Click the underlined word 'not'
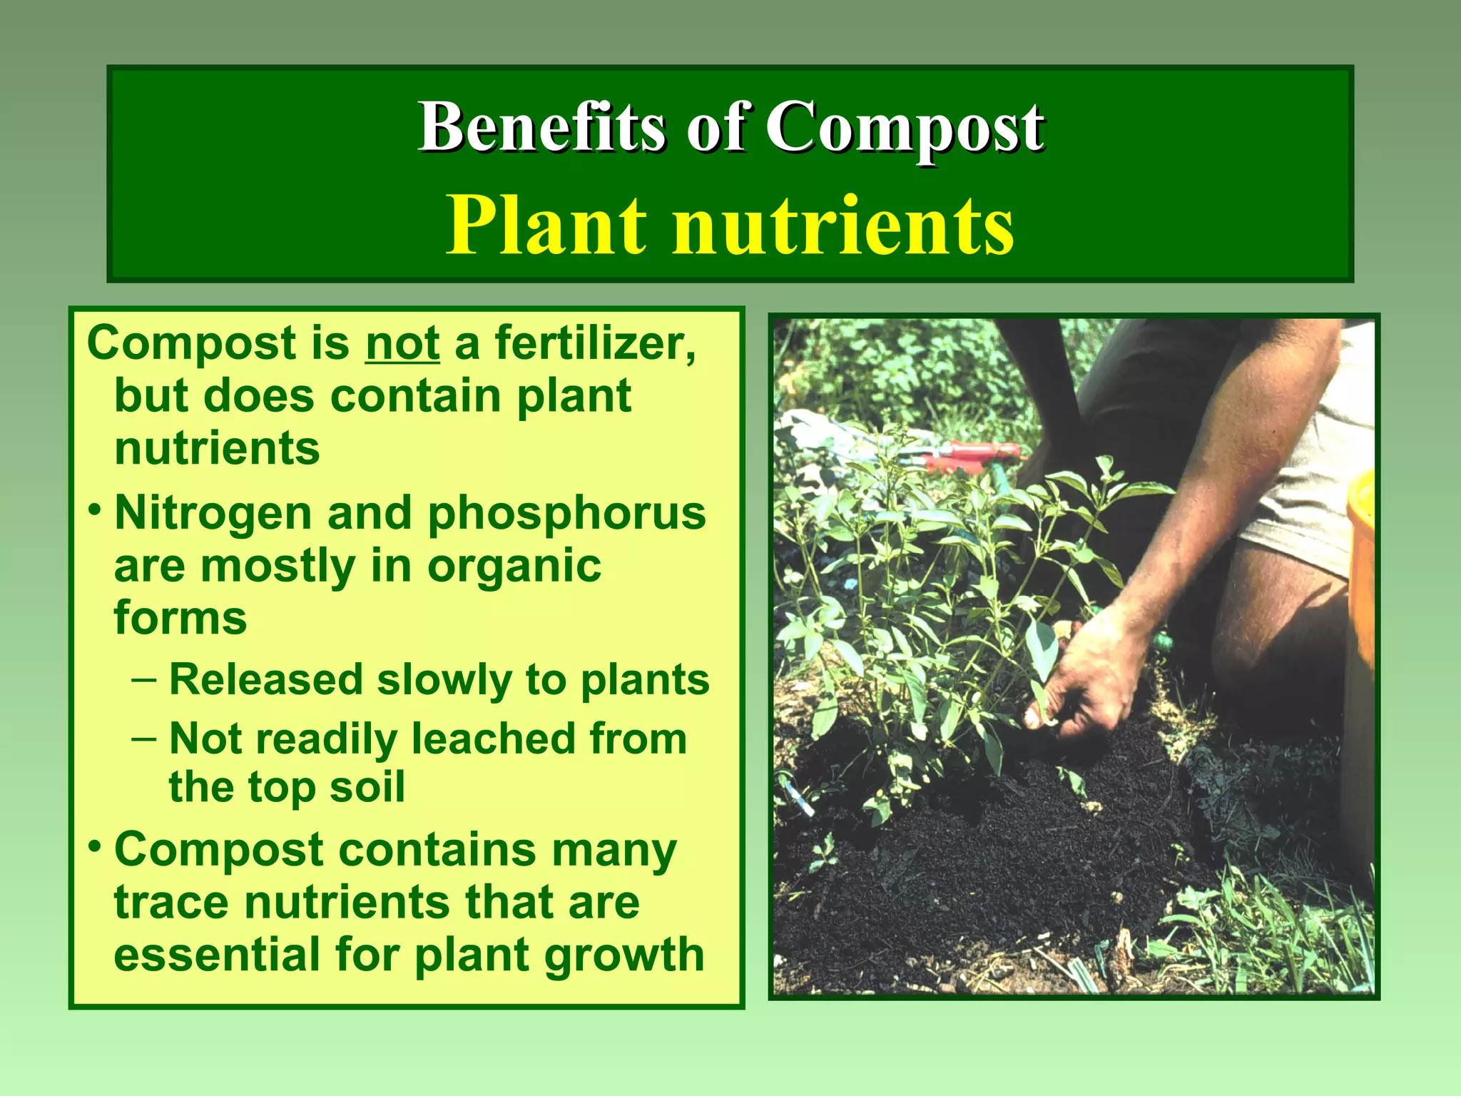coord(402,343)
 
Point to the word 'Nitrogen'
coord(213,514)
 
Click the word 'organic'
coord(514,567)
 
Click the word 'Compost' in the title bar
coord(905,128)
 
